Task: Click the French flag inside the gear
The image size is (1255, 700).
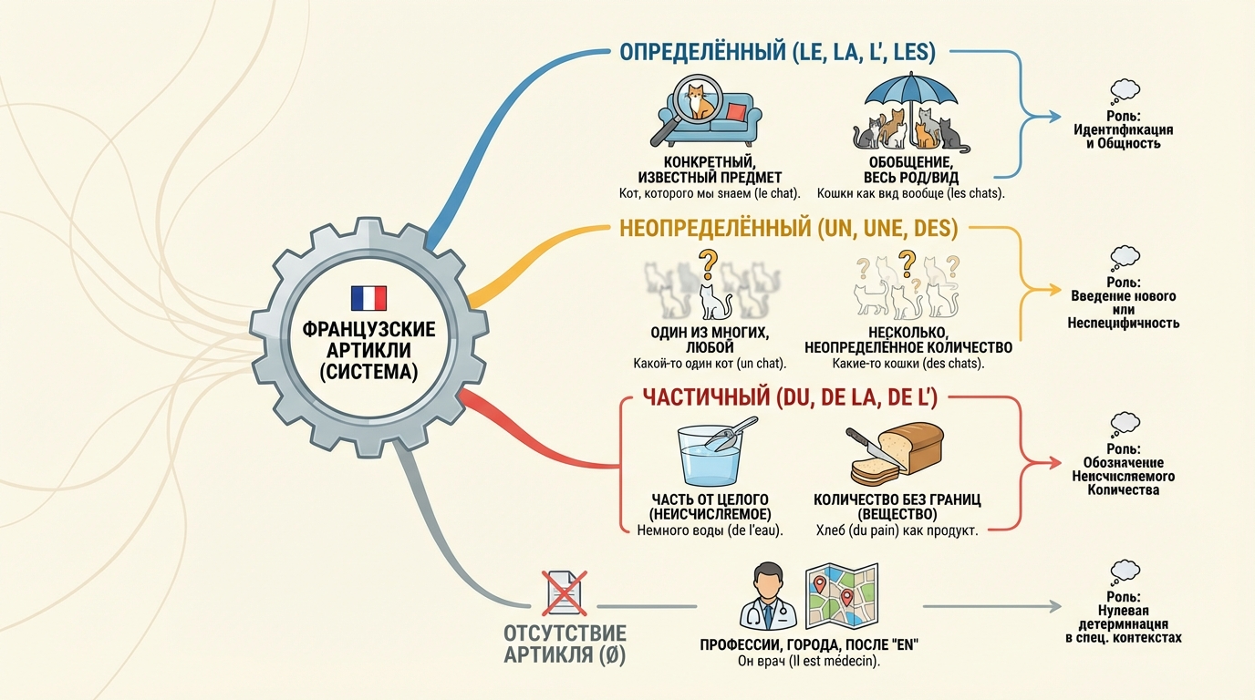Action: (x=368, y=299)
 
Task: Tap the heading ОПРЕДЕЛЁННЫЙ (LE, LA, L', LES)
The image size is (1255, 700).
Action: (x=777, y=53)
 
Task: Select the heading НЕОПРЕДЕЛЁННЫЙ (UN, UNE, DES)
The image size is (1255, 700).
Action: (x=788, y=229)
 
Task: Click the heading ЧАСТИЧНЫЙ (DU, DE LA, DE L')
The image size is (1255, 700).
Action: (x=790, y=397)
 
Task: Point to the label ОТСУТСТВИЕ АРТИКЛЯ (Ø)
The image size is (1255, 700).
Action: (x=565, y=644)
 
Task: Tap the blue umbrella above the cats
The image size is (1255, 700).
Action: (x=912, y=91)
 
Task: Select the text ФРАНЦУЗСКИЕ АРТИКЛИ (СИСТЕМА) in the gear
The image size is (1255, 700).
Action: (x=368, y=350)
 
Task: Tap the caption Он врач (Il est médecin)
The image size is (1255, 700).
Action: (x=808, y=662)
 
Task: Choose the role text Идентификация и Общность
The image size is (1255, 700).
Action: (x=1123, y=136)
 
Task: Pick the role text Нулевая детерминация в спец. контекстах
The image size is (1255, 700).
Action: (x=1123, y=624)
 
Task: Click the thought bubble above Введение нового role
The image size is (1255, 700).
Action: (x=1124, y=257)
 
